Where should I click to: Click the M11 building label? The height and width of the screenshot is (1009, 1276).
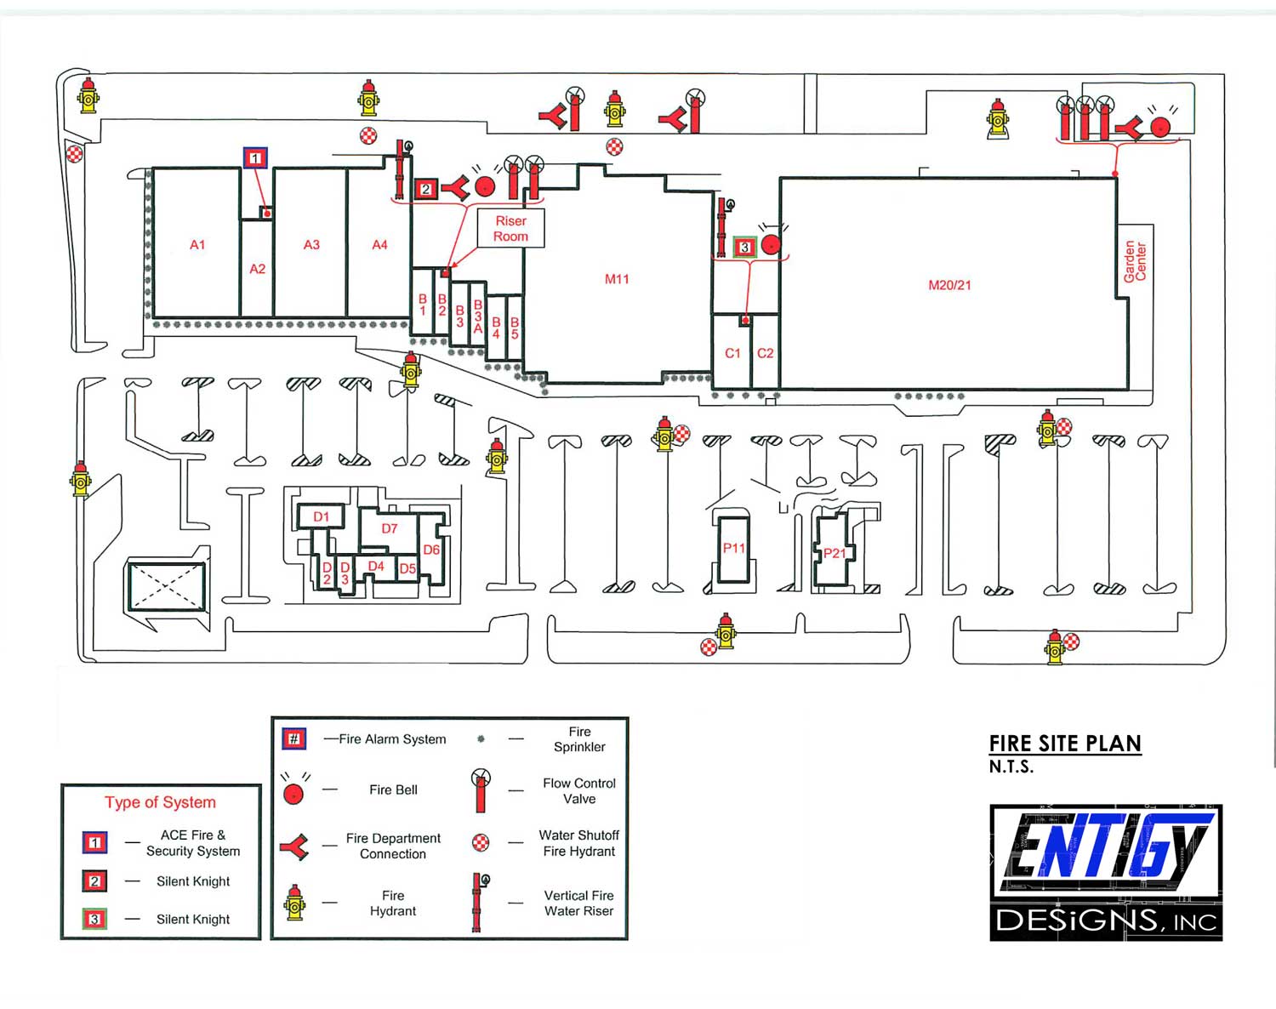617,279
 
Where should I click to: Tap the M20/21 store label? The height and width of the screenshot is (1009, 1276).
949,285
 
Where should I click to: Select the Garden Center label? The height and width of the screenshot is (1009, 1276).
1135,261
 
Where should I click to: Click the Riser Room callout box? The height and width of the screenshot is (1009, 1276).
510,228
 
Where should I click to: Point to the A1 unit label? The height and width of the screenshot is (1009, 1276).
197,244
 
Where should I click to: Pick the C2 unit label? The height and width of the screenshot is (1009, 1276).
765,353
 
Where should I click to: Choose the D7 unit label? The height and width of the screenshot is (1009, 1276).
389,528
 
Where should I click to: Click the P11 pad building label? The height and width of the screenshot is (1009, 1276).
733,548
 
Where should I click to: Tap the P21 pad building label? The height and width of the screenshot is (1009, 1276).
835,554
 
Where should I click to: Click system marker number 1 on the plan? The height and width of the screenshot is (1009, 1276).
255,158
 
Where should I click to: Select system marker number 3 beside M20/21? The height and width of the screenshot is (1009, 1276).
744,247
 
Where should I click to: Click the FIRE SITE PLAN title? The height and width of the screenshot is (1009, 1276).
1065,744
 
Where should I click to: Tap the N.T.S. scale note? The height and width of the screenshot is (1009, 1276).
1011,767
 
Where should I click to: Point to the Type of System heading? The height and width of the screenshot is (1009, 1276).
160,802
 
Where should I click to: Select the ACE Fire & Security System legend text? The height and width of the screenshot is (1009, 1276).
193,843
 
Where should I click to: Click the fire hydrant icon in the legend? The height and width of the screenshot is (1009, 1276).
294,902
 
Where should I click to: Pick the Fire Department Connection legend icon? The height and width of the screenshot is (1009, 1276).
294,847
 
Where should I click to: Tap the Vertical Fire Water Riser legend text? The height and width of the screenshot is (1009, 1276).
578,903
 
